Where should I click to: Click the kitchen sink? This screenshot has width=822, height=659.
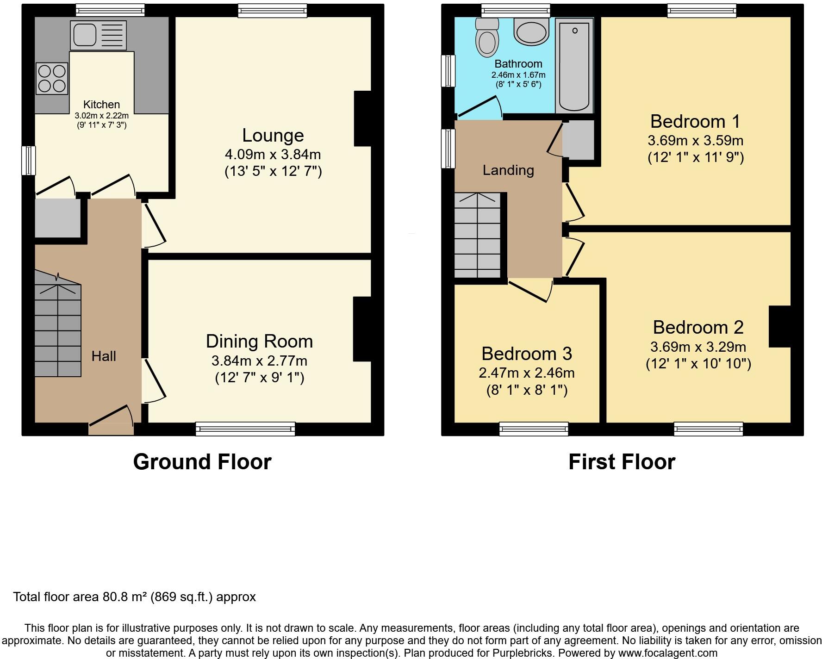tap(98, 35)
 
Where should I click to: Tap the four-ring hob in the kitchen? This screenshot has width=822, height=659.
tap(52, 78)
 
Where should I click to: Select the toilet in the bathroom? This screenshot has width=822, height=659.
tap(486, 37)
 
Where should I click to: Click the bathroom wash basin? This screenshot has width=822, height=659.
tap(531, 32)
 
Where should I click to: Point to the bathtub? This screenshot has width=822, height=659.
tap(574, 66)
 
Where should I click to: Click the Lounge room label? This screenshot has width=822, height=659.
tap(273, 136)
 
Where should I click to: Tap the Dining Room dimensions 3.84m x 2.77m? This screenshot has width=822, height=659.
tap(259, 361)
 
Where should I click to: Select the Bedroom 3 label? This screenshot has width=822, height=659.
tap(527, 354)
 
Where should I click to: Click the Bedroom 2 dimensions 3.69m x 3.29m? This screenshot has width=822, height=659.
tap(698, 347)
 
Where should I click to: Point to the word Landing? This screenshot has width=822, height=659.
tap(508, 170)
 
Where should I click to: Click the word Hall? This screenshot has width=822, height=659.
tap(104, 356)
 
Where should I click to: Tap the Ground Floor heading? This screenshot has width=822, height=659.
tap(202, 462)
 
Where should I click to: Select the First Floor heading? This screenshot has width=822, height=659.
tap(622, 462)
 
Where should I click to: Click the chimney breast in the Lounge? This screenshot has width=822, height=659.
tap(363, 118)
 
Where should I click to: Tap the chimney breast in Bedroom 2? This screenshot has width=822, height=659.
tap(779, 326)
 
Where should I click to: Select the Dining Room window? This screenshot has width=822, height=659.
tap(245, 429)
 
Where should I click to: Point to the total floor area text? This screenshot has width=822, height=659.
tap(134, 597)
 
